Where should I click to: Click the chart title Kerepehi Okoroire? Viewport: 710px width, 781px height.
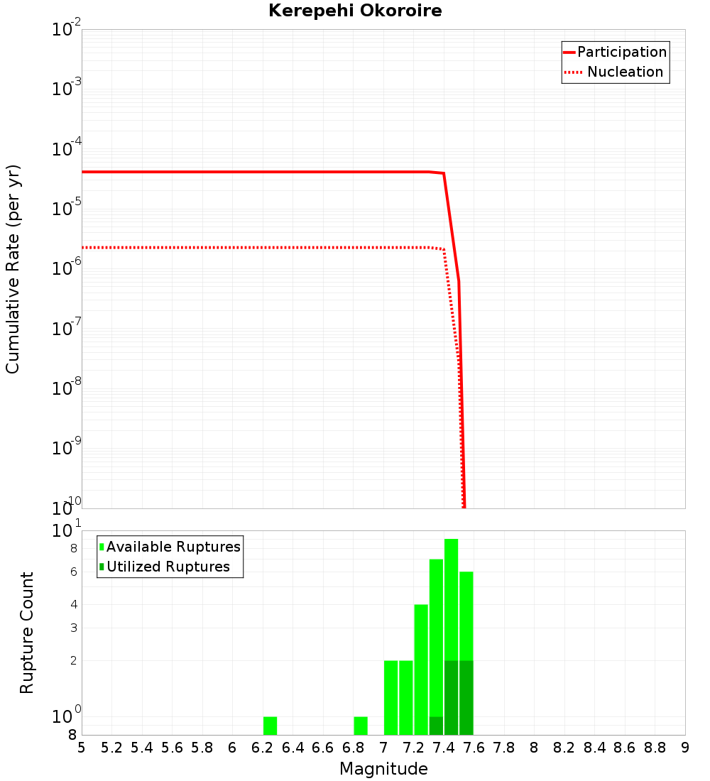(355, 11)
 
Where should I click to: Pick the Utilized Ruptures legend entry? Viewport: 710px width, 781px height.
(168, 567)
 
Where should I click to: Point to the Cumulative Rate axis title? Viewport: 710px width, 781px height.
(13, 268)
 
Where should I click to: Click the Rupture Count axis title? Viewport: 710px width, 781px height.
(27, 633)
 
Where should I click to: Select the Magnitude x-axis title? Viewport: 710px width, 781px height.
(383, 769)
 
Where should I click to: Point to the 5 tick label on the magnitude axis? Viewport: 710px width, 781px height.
(82, 748)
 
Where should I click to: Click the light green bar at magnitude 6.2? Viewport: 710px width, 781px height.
(270, 726)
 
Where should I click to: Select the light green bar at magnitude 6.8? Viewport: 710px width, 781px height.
(361, 726)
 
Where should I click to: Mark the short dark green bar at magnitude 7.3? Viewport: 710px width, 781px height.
(436, 726)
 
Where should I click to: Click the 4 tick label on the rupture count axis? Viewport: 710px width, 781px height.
(73, 604)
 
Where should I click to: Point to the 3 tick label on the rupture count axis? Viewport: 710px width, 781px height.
(73, 628)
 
